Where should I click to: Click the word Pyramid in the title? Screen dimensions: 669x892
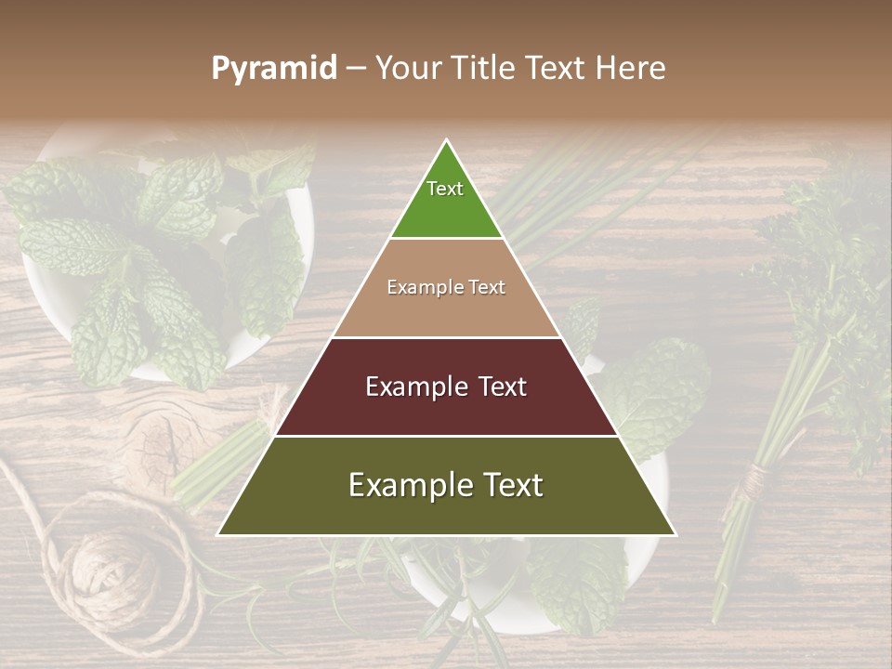(x=274, y=69)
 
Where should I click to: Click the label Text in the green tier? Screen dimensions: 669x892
(x=445, y=189)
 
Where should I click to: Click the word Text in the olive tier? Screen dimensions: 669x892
(x=509, y=485)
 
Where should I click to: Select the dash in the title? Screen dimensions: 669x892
(x=356, y=69)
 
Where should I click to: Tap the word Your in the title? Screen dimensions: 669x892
(x=409, y=69)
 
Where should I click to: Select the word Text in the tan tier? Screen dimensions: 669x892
(x=486, y=287)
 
